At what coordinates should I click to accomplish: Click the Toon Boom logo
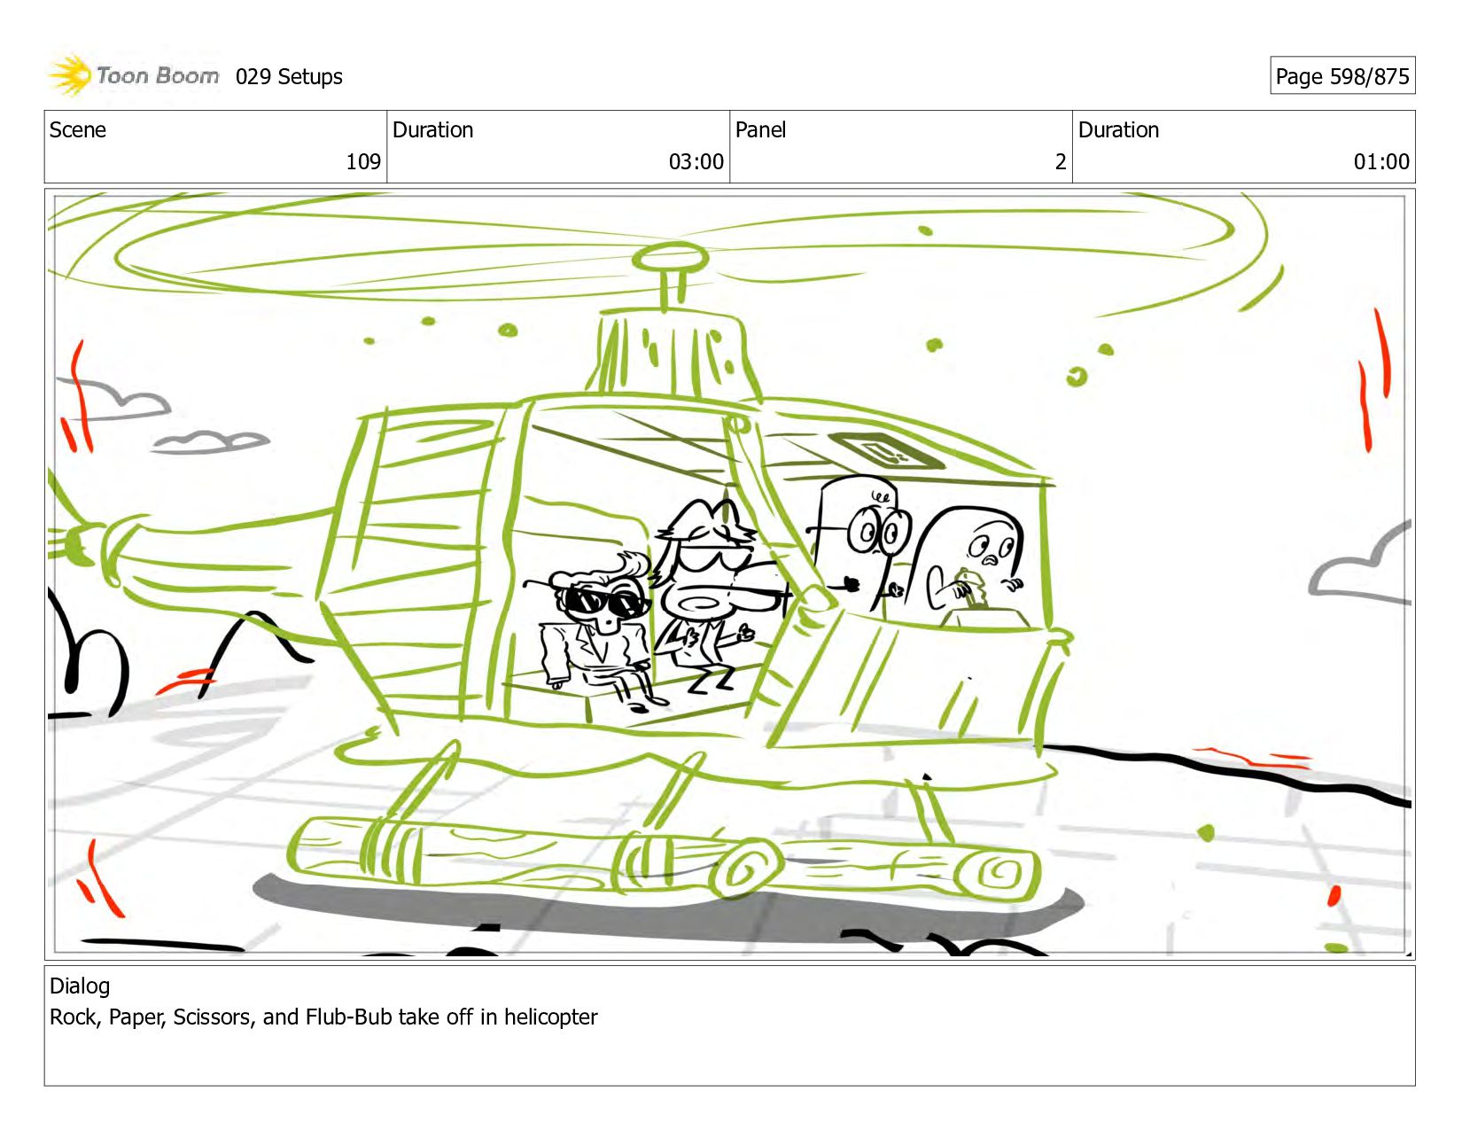click(x=134, y=75)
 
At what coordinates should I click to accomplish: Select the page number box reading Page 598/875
click(x=1341, y=75)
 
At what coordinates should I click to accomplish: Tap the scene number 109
click(x=363, y=161)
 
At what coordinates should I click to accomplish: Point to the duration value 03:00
click(x=696, y=161)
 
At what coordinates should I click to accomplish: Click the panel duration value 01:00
click(x=1380, y=161)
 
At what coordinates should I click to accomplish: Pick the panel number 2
click(x=1061, y=161)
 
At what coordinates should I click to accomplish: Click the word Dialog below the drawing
click(x=80, y=986)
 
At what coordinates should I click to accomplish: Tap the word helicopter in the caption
click(x=550, y=1017)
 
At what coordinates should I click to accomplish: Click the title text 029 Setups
click(x=289, y=77)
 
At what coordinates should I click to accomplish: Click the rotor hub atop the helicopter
click(x=670, y=258)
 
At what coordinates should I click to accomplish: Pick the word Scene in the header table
click(x=77, y=129)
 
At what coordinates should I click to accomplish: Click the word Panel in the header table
click(x=760, y=129)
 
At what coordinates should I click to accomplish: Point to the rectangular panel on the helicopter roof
click(x=886, y=449)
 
